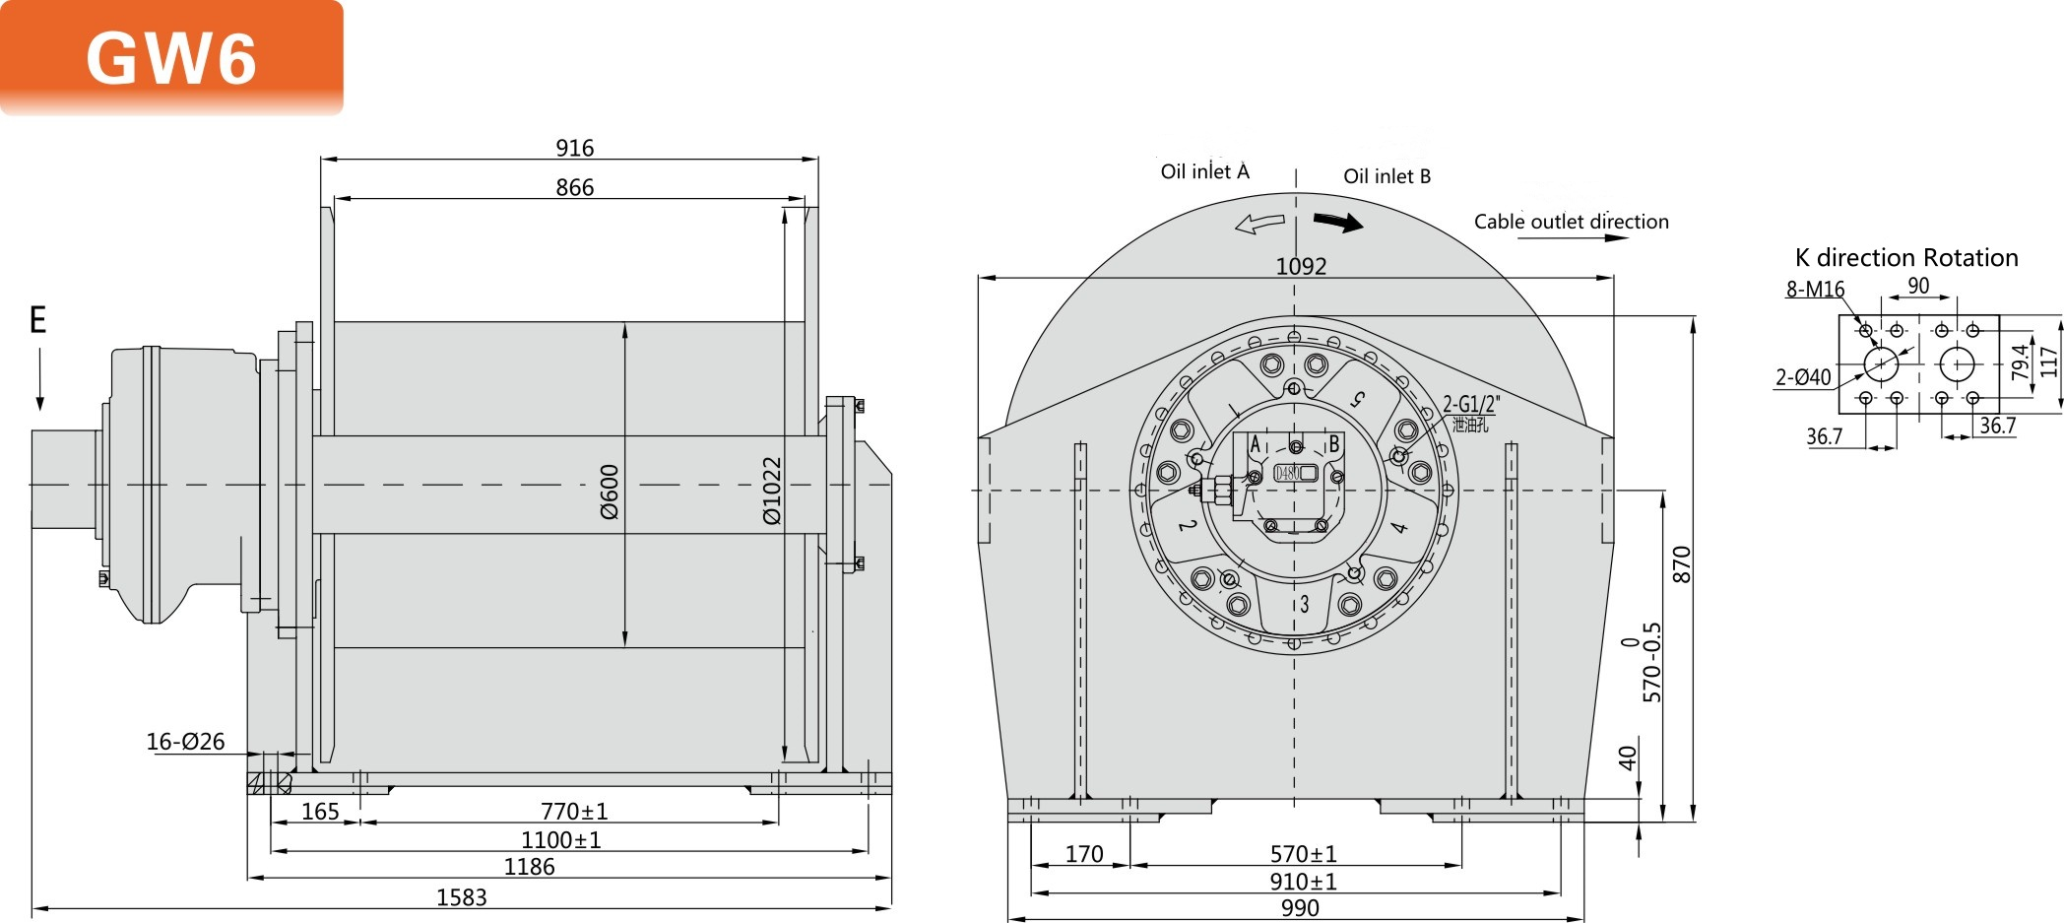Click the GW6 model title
(171, 58)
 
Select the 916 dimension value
(574, 148)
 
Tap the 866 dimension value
(574, 187)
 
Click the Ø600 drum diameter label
(610, 492)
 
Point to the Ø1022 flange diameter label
(772, 490)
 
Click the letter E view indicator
(37, 320)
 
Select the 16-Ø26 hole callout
(185, 742)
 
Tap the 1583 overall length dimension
(461, 897)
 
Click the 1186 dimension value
(529, 867)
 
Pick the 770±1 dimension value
(574, 812)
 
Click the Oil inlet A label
(1204, 172)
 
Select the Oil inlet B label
(1387, 176)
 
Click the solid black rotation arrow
(1339, 223)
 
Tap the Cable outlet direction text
(1571, 222)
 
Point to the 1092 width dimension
(1301, 266)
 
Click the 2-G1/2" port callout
(1471, 404)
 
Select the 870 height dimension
(1682, 564)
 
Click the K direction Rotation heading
(1906, 258)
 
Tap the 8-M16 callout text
(1815, 290)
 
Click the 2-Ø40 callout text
(1803, 377)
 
